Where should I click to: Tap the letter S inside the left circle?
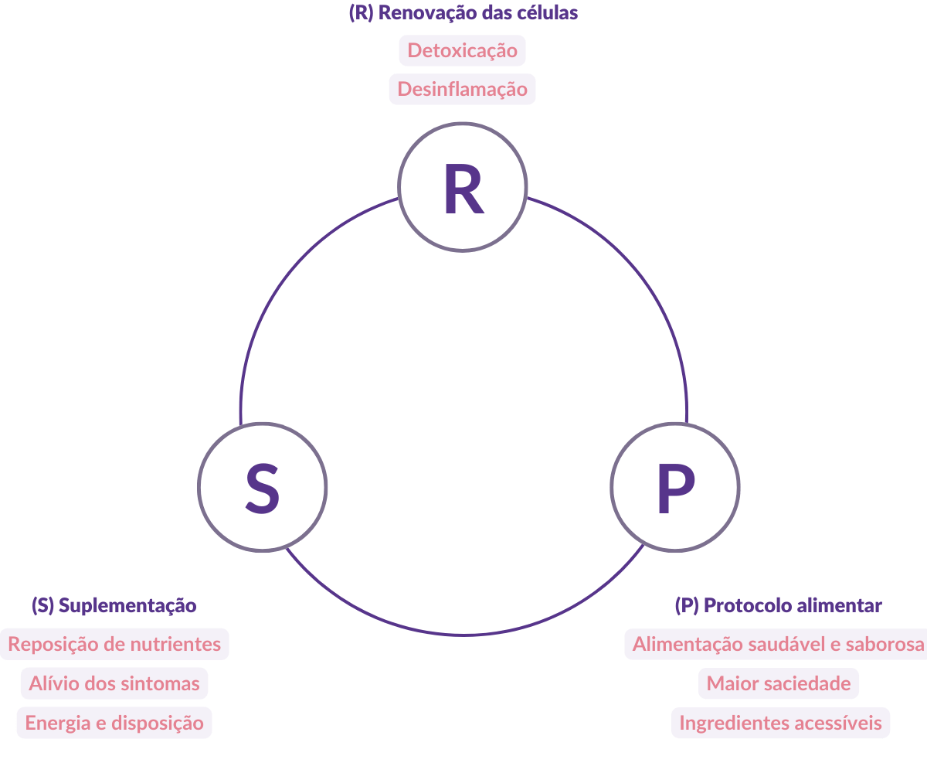click(263, 489)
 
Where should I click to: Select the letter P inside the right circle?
click(675, 488)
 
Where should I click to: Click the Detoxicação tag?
click(462, 51)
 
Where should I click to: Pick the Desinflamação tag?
click(462, 90)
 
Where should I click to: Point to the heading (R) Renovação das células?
click(463, 14)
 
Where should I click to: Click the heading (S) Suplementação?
click(114, 605)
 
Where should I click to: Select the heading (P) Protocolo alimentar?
click(778, 605)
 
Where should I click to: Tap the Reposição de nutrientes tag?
click(114, 644)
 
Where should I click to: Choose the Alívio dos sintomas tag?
click(114, 683)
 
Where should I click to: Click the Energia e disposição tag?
click(114, 723)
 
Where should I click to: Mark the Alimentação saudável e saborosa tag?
click(779, 644)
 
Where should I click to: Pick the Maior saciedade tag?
click(779, 683)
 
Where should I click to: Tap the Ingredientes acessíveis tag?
click(780, 723)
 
